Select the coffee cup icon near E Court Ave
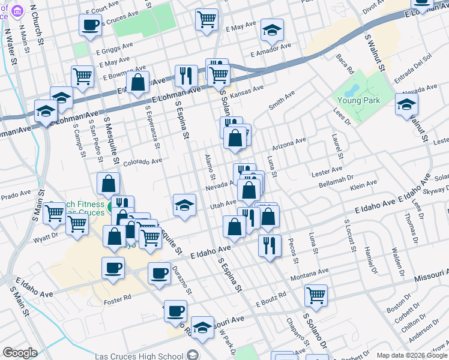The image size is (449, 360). point(90,26)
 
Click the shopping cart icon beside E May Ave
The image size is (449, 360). point(206,19)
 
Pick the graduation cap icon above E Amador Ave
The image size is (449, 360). point(272,30)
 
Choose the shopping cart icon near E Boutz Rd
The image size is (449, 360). point(316,295)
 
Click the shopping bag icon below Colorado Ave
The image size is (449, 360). point(108,184)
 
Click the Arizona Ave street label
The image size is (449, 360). point(289,144)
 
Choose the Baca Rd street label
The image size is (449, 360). point(346,61)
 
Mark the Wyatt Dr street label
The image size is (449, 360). point(45,236)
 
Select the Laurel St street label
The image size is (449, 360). point(336,147)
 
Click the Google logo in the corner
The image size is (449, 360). point(20,353)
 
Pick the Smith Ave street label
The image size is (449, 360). point(282,101)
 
